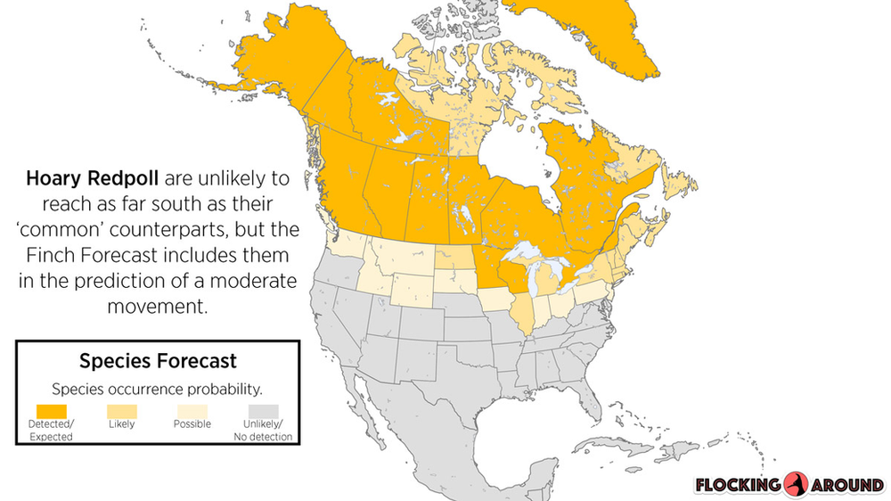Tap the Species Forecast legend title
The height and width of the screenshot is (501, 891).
[158, 361]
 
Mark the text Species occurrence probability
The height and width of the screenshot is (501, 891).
[157, 389]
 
